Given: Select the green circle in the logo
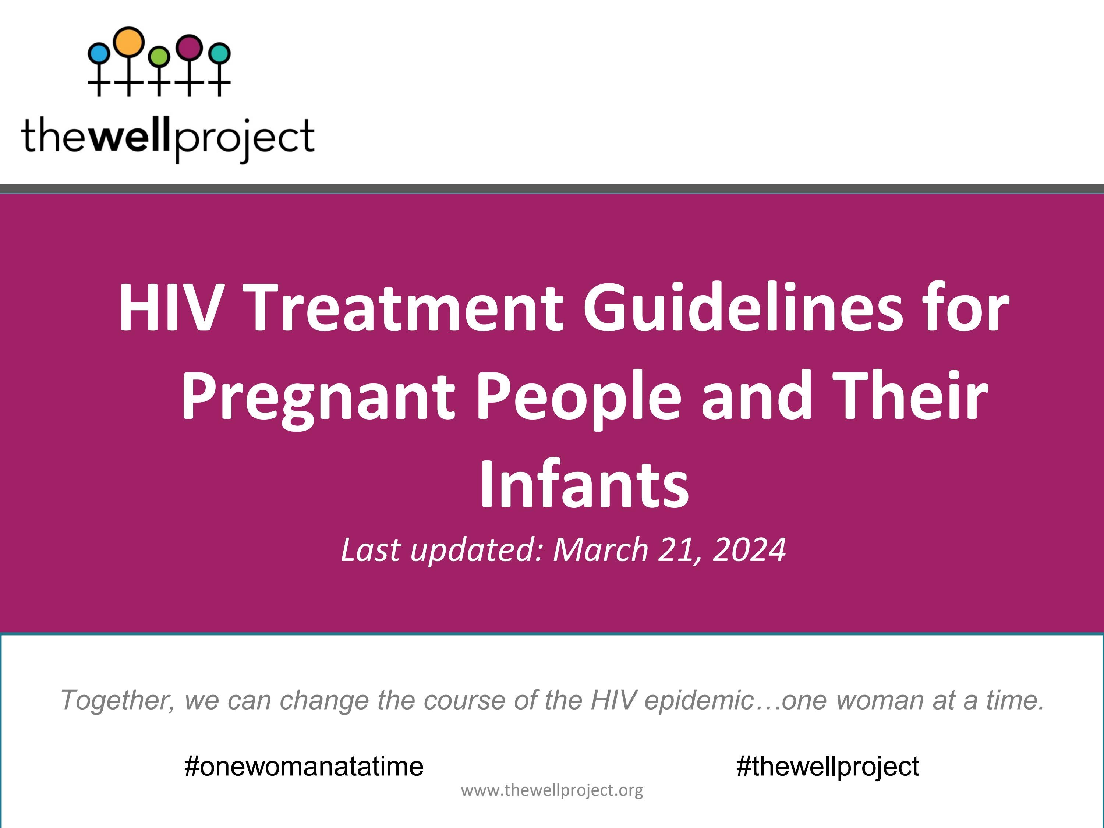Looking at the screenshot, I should (x=159, y=56).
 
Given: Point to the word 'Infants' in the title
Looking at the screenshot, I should (x=584, y=484).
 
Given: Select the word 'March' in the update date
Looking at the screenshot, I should (x=601, y=549).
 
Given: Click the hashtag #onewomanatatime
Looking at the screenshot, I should (x=304, y=766).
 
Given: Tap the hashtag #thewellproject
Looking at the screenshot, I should (x=827, y=766).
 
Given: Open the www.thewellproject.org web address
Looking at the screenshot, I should (x=552, y=790).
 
